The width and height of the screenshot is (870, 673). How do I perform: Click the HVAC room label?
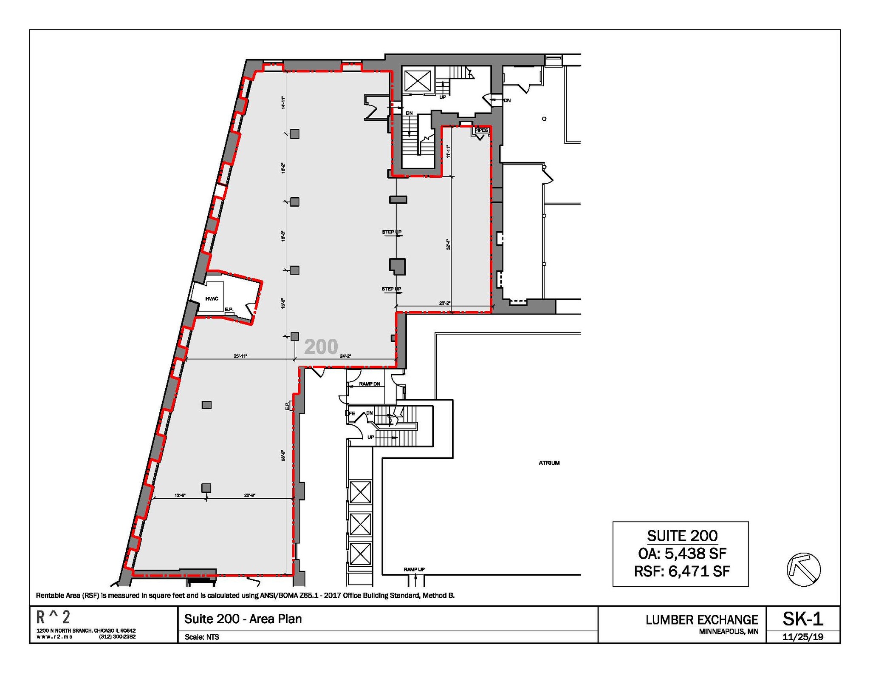[212, 298]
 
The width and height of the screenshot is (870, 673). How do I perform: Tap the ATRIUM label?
[549, 463]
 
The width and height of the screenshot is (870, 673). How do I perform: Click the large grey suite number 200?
[321, 347]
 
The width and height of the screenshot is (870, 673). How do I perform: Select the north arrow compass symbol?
[804, 569]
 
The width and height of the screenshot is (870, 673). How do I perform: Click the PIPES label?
[481, 130]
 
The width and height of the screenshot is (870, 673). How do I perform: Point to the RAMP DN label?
[369, 384]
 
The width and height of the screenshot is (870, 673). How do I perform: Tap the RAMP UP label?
[414, 569]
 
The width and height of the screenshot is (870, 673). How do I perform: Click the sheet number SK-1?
[803, 619]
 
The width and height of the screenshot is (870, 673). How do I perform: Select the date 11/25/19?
[803, 637]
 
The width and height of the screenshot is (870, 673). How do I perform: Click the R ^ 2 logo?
[53, 617]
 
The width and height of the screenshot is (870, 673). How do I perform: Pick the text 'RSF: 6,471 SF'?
[682, 571]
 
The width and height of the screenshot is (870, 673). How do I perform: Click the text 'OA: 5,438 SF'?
[682, 553]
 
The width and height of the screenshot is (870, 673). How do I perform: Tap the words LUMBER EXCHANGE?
[702, 620]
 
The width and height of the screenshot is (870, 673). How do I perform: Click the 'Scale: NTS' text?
[202, 637]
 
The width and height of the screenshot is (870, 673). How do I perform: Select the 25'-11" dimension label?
[240, 356]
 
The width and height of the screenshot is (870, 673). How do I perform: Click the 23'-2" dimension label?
[444, 303]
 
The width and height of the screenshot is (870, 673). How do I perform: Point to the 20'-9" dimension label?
[250, 495]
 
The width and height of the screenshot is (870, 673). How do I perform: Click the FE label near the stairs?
[352, 413]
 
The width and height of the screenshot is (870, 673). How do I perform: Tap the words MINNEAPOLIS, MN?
[729, 632]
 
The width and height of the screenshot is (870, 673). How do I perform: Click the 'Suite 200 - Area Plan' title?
[243, 619]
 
